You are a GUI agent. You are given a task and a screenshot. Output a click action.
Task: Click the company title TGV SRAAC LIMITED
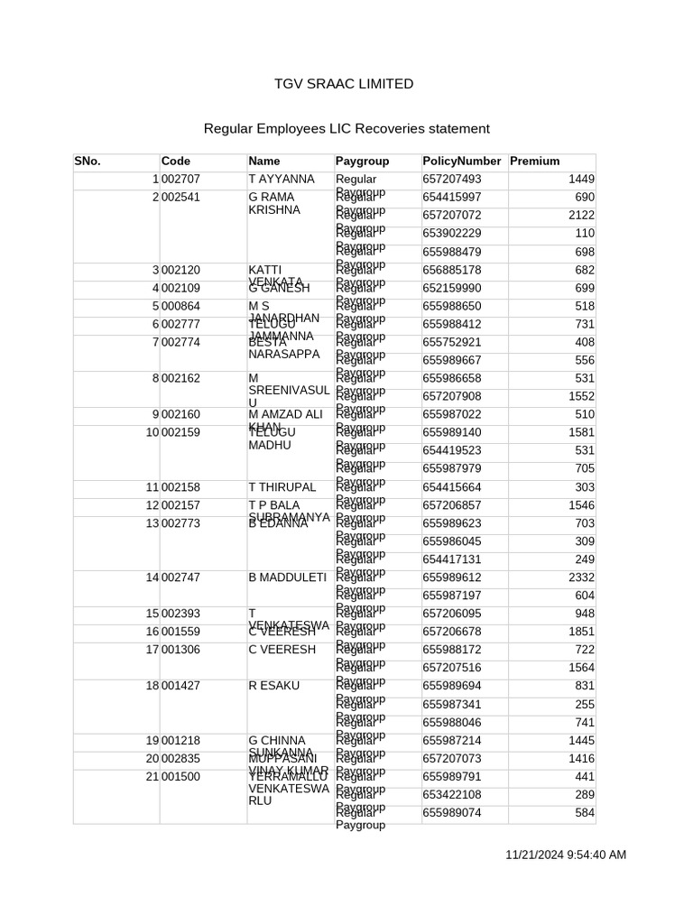(344, 84)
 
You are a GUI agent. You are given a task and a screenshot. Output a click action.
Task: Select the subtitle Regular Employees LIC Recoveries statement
(334, 129)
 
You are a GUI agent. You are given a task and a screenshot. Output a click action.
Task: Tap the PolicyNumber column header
(461, 162)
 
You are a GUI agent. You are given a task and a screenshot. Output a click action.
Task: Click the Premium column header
(534, 162)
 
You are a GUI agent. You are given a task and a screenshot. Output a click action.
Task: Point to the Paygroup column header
(362, 162)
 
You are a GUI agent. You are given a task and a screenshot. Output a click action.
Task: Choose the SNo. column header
(88, 162)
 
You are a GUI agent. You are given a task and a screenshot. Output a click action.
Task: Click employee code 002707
(180, 180)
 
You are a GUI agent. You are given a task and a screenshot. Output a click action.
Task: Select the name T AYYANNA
(281, 180)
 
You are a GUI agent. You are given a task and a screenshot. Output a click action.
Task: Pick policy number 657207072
(451, 216)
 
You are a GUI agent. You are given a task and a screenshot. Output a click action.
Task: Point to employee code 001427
(180, 686)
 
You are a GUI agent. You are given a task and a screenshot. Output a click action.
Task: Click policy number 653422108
(451, 795)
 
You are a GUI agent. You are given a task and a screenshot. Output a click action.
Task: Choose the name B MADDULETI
(286, 577)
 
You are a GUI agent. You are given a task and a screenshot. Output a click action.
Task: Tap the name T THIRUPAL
(282, 487)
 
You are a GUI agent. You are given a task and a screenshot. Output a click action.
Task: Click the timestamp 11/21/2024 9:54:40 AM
(565, 855)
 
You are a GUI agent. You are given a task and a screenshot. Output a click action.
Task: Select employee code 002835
(180, 759)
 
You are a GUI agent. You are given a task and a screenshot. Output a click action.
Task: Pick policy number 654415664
(451, 487)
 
